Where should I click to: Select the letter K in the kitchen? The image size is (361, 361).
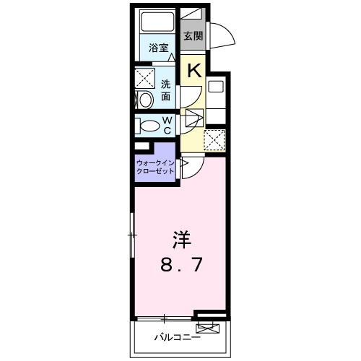pyautogui.click(x=193, y=70)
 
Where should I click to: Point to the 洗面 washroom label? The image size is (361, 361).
pyautogui.click(x=167, y=90)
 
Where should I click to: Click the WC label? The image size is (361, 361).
pyautogui.click(x=167, y=125)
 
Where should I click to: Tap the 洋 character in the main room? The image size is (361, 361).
pyautogui.click(x=180, y=238)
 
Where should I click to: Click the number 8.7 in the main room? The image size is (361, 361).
pyautogui.click(x=180, y=265)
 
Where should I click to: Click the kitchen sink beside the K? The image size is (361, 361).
pyautogui.click(x=217, y=87)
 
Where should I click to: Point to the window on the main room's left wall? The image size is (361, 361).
pyautogui.click(x=132, y=235)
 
